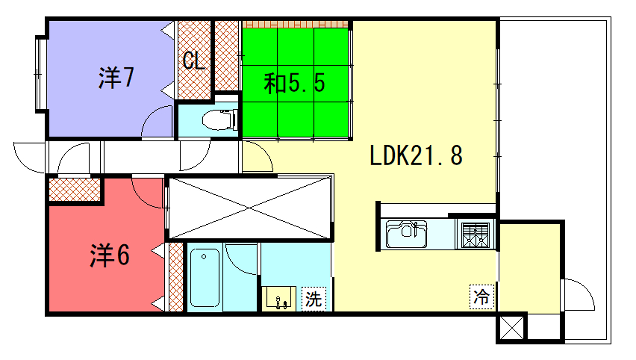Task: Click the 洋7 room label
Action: (x=117, y=77)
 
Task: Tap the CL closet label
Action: (x=193, y=59)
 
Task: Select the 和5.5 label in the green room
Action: (x=294, y=82)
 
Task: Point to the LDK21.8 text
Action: (x=415, y=156)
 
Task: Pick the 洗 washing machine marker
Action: (x=313, y=297)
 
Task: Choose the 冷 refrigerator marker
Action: (x=482, y=297)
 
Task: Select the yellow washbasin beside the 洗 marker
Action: (x=279, y=298)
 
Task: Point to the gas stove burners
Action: (x=472, y=235)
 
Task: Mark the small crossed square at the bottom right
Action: (x=510, y=327)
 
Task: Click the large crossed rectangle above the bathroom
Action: (x=248, y=208)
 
